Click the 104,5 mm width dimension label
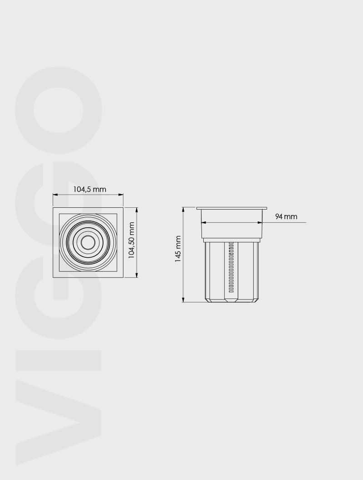pos(89,189)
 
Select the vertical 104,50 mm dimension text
pos(132,240)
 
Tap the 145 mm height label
pos(178,249)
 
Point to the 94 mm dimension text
pos(286,217)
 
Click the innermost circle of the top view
pos(88,243)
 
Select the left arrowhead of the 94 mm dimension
pos(204,222)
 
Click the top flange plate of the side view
pos(231,208)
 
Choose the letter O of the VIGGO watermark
pos(59,110)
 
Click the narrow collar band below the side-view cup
pos(231,240)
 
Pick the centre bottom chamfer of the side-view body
pos(231,300)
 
